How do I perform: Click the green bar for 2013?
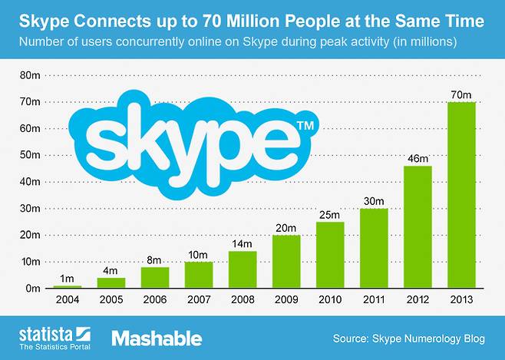pyautogui.click(x=461, y=195)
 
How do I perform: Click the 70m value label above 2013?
pyautogui.click(x=461, y=94)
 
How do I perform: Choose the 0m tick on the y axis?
pyautogui.click(x=34, y=288)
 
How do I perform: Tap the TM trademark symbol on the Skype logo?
pyautogui.click(x=304, y=124)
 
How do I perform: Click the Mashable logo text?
pyautogui.click(x=157, y=338)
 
